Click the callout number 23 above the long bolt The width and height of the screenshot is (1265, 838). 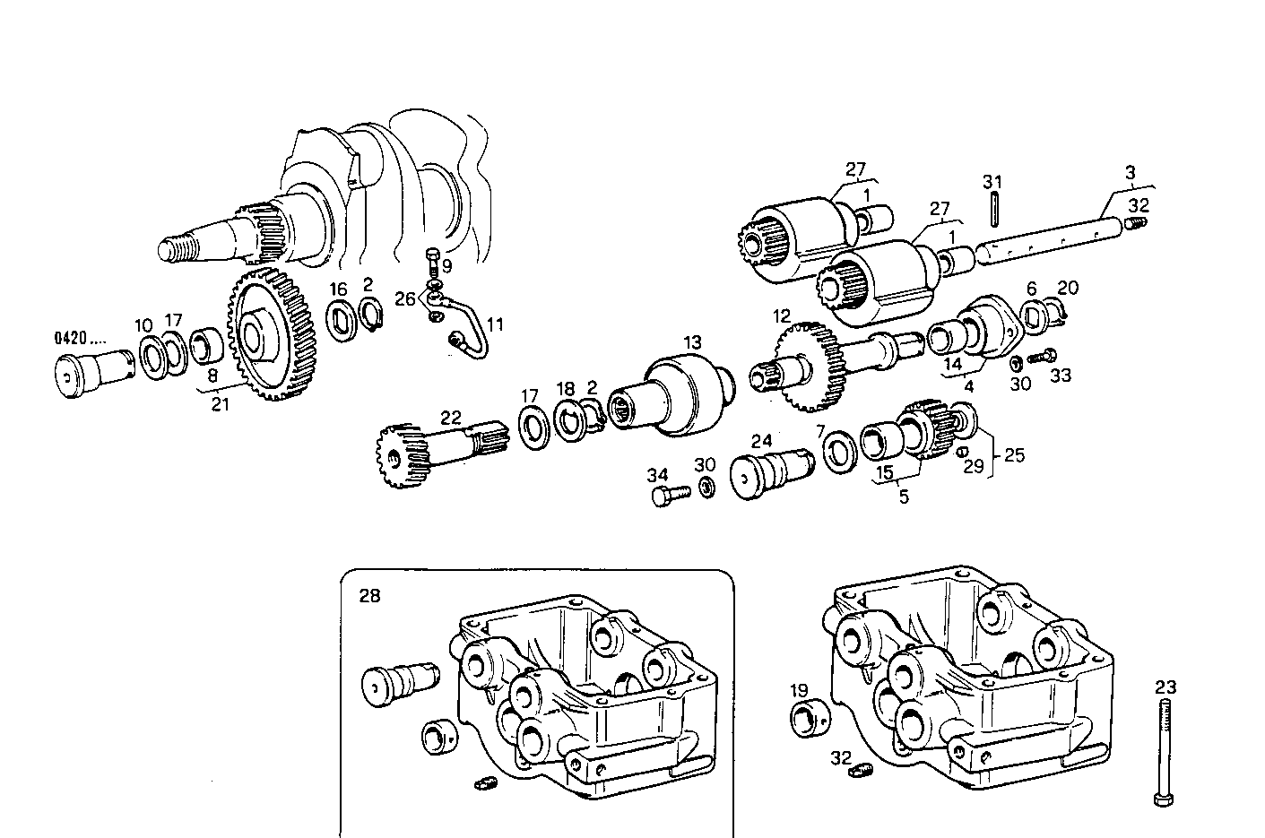[x=1165, y=688]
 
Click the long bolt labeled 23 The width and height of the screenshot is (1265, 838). [x=1164, y=753]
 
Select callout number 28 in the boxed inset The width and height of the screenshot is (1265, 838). [x=368, y=595]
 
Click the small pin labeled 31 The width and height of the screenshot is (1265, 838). [x=993, y=212]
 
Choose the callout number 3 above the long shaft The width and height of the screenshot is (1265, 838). [x=1131, y=172]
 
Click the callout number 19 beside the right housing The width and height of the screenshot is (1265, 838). [x=799, y=690]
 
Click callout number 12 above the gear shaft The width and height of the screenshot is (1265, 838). [x=782, y=315]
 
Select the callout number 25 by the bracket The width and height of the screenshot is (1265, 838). [x=1013, y=455]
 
